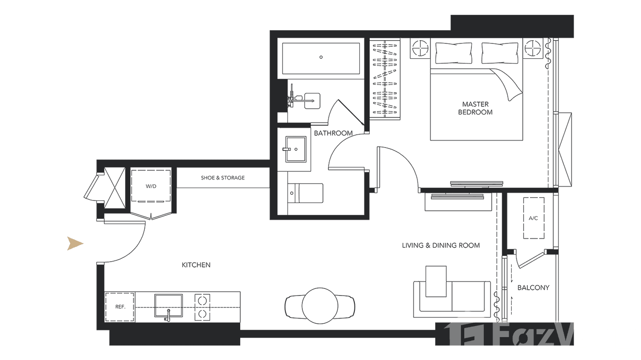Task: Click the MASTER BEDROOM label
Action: coord(475,108)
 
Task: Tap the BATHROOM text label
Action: coord(333,133)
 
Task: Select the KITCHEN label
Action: coord(196,265)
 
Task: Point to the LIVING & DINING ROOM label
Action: coord(440,245)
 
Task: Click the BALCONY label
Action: coord(533,288)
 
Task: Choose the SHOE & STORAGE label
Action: coord(223,178)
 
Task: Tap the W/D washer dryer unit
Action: coord(151,185)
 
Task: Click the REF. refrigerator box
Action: coord(120,307)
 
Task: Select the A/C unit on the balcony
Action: coord(534,218)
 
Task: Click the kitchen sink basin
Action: coord(168,305)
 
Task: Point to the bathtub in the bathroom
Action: coord(321,58)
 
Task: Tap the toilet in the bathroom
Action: coord(306,193)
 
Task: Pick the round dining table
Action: coord(320,304)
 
